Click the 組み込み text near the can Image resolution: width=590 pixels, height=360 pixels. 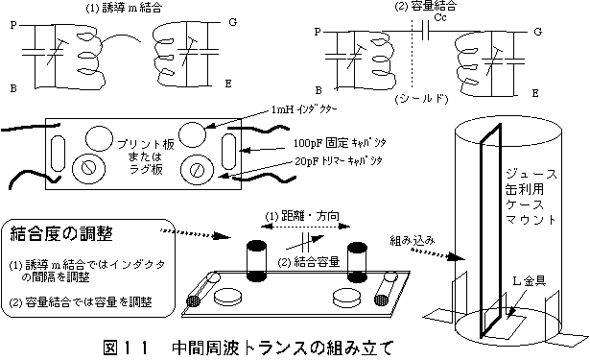coord(413,242)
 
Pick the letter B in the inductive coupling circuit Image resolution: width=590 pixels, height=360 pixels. coord(13,86)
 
